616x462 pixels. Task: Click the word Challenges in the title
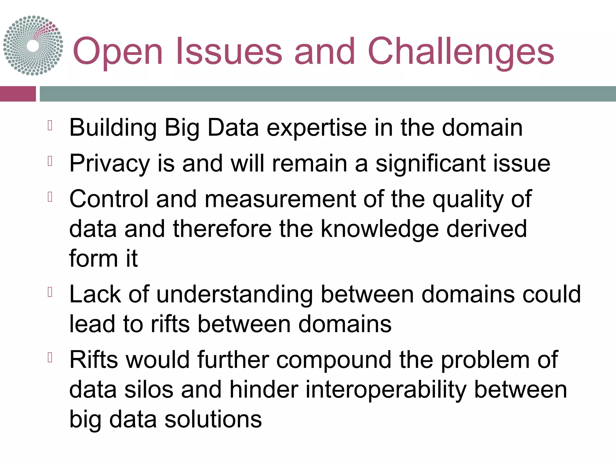(460, 52)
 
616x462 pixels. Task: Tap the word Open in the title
(118, 52)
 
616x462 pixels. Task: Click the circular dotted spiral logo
(33, 45)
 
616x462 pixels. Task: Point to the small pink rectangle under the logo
(18, 94)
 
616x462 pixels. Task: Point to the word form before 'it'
(93, 258)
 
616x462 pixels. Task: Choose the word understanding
(235, 294)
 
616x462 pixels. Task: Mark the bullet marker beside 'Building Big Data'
(50, 125)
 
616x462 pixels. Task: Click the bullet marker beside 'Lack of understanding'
(50, 292)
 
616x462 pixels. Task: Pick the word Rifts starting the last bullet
(94, 360)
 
